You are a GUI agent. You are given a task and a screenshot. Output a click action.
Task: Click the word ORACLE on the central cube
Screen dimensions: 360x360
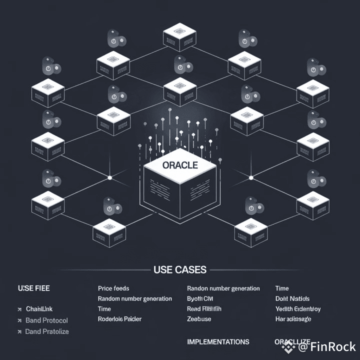pos(180,165)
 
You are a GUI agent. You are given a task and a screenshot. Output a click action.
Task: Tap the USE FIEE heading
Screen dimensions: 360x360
pos(33,288)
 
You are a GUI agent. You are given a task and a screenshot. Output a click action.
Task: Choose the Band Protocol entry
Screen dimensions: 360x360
pos(46,320)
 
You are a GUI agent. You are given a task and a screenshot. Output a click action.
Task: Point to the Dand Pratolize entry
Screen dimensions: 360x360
pos(47,331)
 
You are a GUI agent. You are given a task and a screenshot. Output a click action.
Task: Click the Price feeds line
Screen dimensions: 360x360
pos(113,288)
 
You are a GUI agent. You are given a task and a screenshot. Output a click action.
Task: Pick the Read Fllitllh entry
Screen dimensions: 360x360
pos(204,309)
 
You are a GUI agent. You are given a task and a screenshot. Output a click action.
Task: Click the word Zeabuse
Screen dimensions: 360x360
pos(199,319)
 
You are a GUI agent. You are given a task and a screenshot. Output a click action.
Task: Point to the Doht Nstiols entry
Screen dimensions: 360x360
pos(292,298)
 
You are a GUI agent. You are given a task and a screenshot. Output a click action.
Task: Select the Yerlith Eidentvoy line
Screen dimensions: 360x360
pos(298,309)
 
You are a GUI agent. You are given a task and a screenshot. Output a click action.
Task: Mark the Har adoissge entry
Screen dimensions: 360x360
pos(293,319)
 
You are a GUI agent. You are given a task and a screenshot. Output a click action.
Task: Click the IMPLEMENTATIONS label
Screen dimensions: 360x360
pos(218,342)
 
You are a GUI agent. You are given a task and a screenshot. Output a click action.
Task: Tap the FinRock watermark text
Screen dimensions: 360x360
pos(332,346)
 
